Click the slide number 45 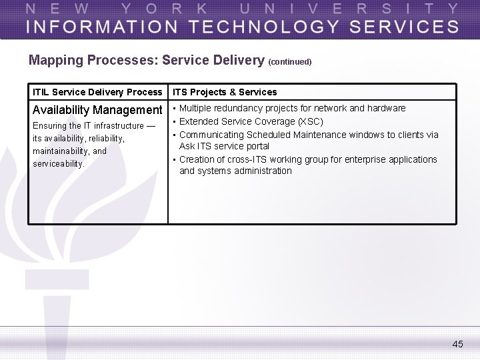(x=457, y=344)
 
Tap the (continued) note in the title (x=289, y=62)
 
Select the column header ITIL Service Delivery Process (x=97, y=92)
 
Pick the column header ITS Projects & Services (x=225, y=92)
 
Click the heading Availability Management (x=97, y=110)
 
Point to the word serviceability (x=59, y=163)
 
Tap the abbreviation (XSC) (x=311, y=121)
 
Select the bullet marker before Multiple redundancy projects (x=174, y=108)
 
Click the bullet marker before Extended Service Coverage (x=174, y=121)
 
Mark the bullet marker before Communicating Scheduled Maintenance (x=174, y=135)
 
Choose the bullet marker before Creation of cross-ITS (x=174, y=159)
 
